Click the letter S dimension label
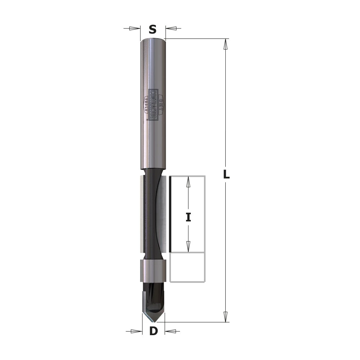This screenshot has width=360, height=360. click(153, 29)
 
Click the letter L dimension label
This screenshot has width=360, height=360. click(226, 175)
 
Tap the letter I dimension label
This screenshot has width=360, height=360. click(188, 217)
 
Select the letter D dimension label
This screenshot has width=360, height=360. click(153, 331)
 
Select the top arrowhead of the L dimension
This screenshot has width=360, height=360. click(226, 44)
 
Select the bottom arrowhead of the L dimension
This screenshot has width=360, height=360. click(226, 317)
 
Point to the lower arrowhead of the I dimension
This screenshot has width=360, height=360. click(188, 246)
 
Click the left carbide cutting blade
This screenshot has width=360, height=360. click(141, 213)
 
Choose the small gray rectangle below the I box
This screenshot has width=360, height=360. click(187, 267)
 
